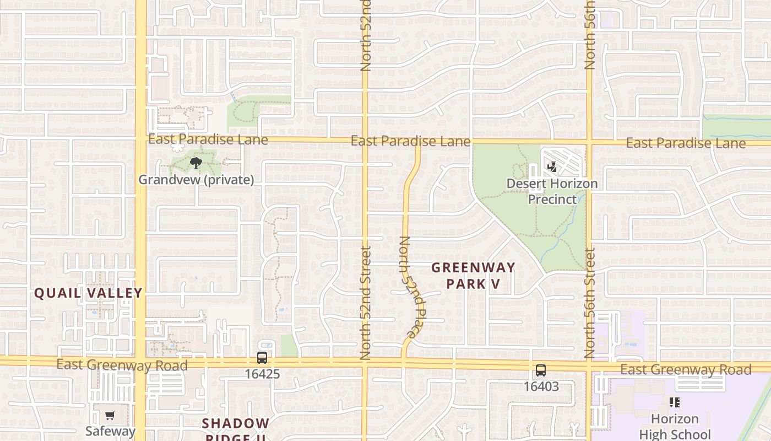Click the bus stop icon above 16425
262,358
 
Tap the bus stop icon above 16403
541,370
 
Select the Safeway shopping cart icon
110,416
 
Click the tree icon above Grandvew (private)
196,163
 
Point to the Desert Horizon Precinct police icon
552,166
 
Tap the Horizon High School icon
675,403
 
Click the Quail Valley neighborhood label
88,293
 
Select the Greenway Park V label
473,276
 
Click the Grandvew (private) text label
196,180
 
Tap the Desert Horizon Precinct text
552,191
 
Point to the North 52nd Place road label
412,287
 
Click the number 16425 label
262,374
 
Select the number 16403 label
541,386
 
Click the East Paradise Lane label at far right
686,143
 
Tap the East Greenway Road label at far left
122,365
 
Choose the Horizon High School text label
675,427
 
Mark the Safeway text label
110,431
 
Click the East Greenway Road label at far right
686,369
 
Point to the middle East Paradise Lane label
410,141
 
